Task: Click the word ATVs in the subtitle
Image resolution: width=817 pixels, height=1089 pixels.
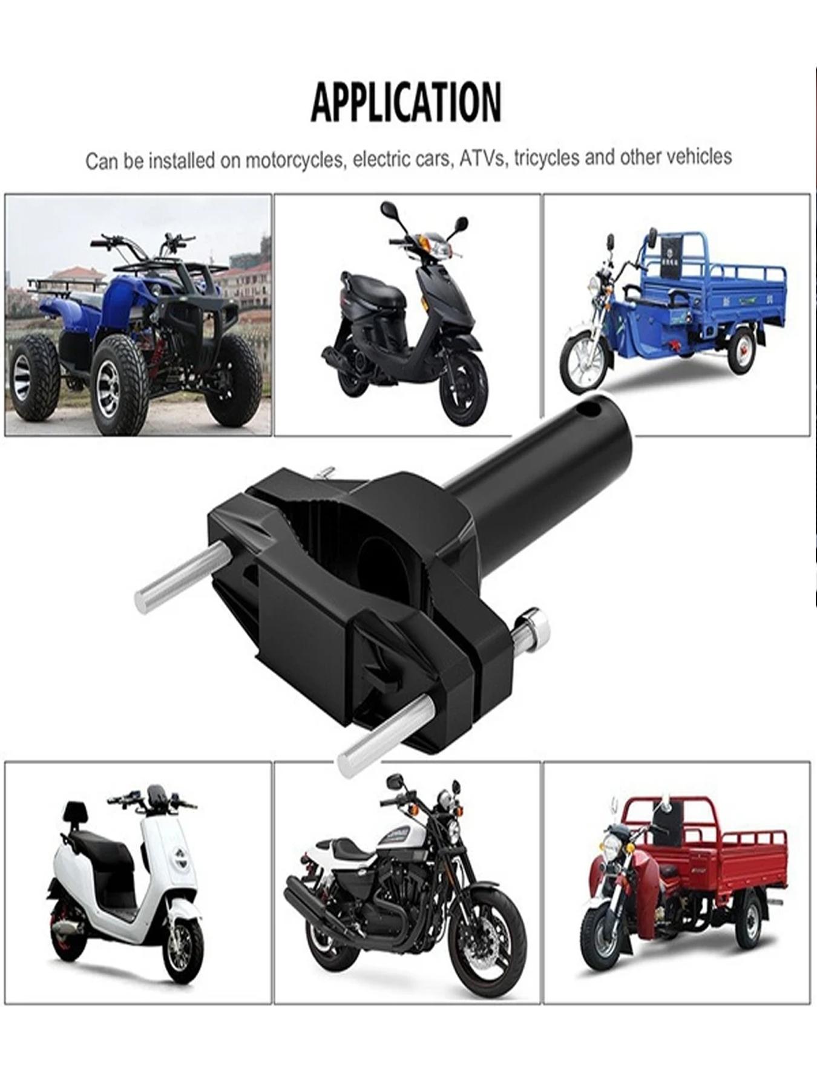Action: pyautogui.click(x=482, y=158)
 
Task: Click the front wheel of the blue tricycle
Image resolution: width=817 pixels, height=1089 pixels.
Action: pyautogui.click(x=584, y=362)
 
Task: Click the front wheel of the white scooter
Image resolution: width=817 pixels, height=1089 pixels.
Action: pyautogui.click(x=183, y=950)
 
